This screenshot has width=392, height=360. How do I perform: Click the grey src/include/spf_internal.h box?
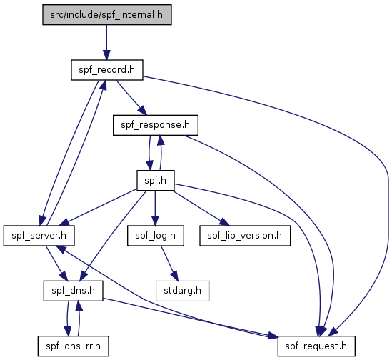point(107,15)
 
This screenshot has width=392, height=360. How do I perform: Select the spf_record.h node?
point(107,70)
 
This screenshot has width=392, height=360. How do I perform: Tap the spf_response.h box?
point(156,125)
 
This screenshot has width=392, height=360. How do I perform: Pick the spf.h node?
point(155,181)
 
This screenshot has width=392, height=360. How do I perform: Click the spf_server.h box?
point(39,236)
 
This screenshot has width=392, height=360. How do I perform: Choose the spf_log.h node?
point(156,236)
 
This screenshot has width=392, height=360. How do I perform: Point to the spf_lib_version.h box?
point(245,236)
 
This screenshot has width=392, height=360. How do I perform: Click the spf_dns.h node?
point(74,291)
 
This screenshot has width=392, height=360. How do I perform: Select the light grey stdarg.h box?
point(183,291)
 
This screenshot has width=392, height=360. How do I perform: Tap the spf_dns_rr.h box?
point(74,346)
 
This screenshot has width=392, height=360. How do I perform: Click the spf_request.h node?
point(316,346)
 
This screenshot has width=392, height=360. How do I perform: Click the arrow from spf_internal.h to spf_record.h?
point(106,42)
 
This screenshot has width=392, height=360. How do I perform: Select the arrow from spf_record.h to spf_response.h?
point(131,98)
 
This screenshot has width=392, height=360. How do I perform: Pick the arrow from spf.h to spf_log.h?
point(155,208)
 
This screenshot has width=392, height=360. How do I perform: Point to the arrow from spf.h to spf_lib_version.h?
point(201,208)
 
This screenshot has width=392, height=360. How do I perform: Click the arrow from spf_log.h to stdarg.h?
point(169,263)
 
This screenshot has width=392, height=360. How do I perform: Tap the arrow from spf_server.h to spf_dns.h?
point(56,263)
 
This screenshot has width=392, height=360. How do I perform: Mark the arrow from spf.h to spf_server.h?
point(99,206)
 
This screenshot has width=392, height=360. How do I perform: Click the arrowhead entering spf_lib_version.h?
point(224,222)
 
